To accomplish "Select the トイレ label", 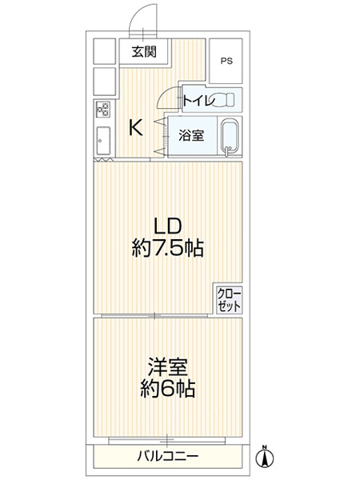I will click(x=197, y=100).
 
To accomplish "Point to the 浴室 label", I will click(x=190, y=135).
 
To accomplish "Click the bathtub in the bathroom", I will click(x=230, y=136).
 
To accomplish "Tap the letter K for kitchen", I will click(x=137, y=127).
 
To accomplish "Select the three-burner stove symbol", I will click(x=104, y=110).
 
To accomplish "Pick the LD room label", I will click(x=168, y=225).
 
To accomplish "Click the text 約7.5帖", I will click(x=168, y=249).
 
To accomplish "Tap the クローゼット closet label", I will click(x=228, y=300).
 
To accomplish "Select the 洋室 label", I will click(x=167, y=369).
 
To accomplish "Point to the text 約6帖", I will click(x=167, y=392).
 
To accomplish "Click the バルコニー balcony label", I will click(x=167, y=456).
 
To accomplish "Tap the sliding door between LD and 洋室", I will click(x=167, y=318).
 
